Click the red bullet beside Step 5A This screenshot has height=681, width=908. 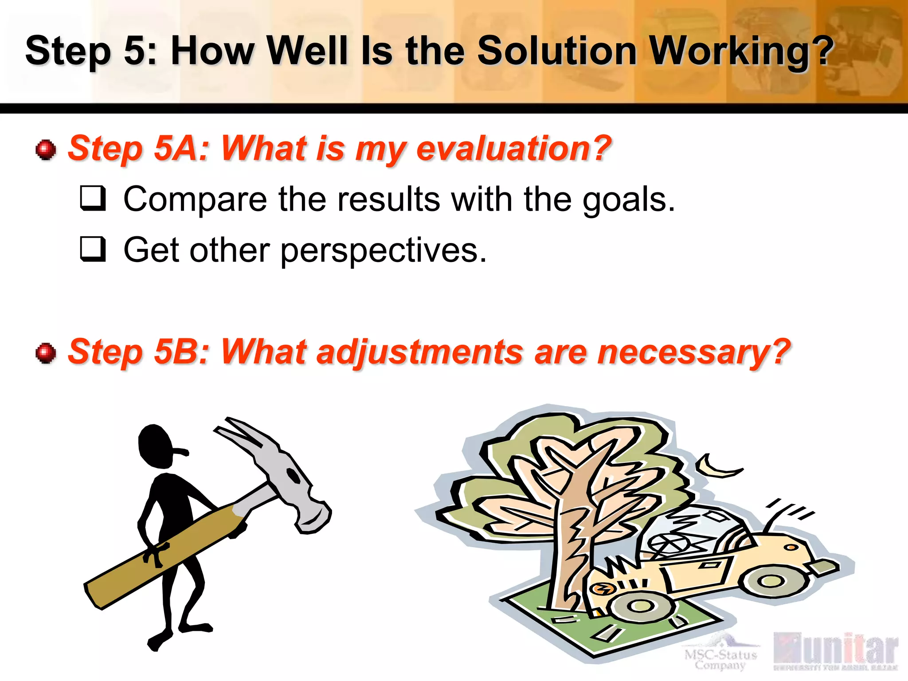46,150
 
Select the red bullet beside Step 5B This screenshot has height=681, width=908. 46,353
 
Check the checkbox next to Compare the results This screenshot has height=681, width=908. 93,198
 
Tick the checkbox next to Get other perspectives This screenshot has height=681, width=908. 93,249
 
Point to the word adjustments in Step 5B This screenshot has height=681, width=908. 419,352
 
